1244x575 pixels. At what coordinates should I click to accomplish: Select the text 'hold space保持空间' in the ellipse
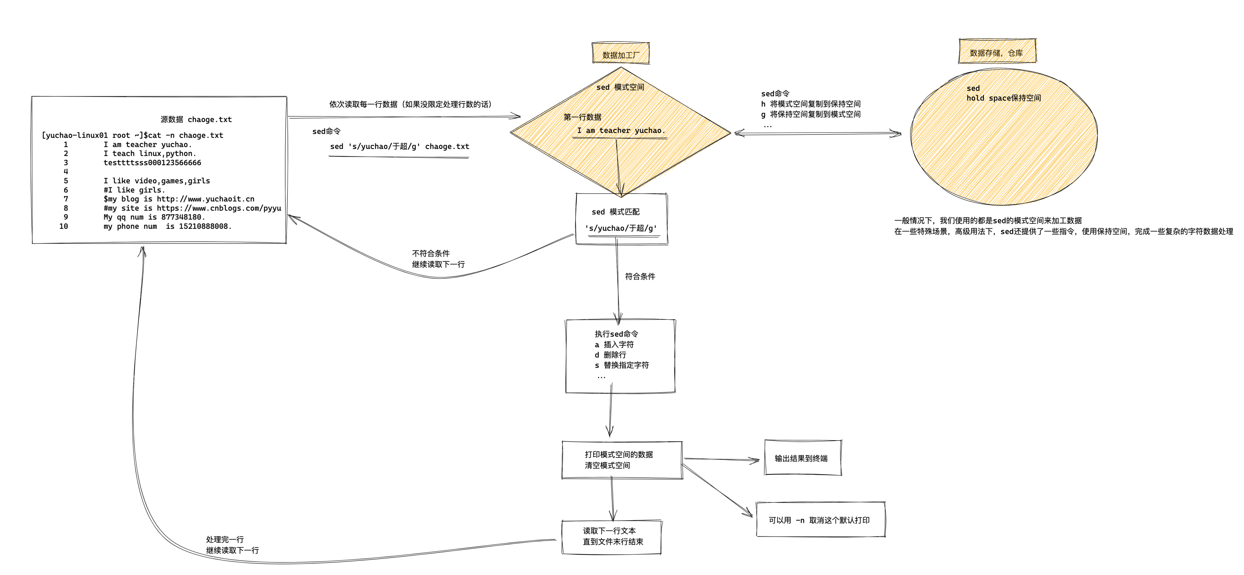[1003, 98]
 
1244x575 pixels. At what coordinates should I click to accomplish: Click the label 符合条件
[640, 276]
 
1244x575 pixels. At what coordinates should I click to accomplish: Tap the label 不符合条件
[431, 253]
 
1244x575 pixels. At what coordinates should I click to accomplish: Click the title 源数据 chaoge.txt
[196, 119]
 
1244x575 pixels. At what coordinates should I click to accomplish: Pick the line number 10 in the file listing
[64, 226]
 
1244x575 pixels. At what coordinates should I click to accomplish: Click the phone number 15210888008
[205, 226]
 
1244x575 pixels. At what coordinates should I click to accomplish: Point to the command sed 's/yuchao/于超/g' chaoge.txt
[399, 146]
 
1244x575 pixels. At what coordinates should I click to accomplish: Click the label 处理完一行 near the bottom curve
[225, 539]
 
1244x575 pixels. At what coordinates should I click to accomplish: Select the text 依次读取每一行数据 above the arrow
[365, 104]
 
